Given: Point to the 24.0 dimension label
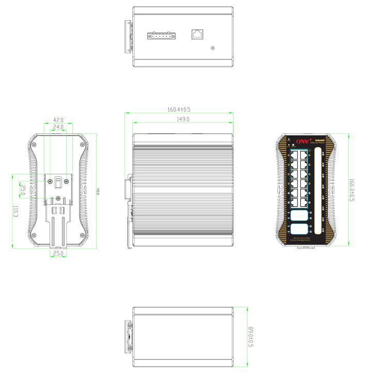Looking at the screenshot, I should coord(58,127).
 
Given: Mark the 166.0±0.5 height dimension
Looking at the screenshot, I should coord(352,190).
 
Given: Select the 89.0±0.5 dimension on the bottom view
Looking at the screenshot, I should coord(251,336).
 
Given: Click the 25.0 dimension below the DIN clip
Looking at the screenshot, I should coord(58,254).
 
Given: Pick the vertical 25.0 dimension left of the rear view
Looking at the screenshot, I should coord(22,189).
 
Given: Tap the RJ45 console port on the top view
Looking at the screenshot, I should coord(197,34).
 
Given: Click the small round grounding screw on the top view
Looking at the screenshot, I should coord(213,49).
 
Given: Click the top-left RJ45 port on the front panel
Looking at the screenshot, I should coord(295,154).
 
